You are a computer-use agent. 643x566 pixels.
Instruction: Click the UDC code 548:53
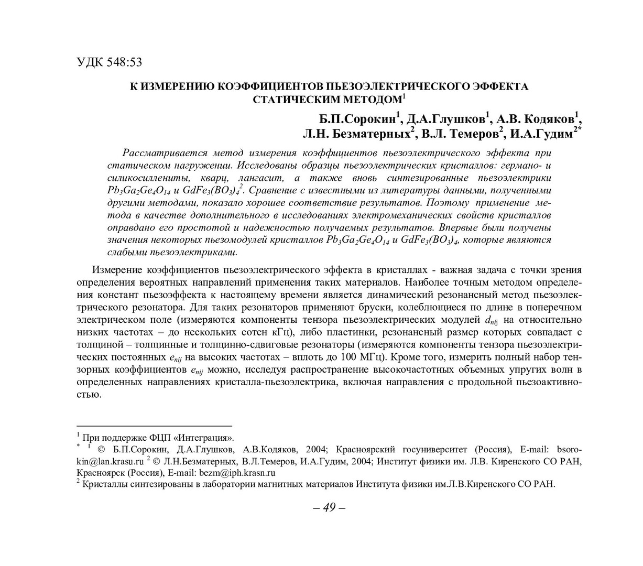124,62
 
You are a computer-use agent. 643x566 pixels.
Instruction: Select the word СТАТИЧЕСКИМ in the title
294,99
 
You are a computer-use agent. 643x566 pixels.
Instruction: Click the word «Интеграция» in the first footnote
206,438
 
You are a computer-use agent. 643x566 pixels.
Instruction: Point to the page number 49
329,507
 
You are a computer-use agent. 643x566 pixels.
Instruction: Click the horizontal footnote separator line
154,426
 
